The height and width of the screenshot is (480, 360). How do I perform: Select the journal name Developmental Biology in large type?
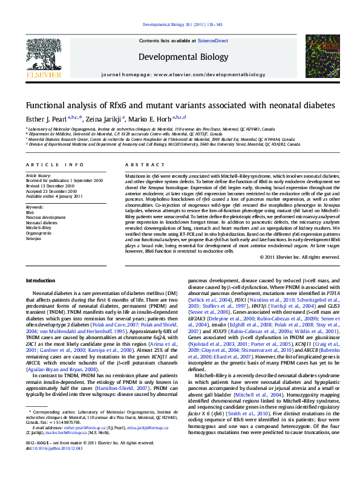point(179,57)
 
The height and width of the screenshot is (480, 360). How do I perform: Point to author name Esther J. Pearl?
point(45,118)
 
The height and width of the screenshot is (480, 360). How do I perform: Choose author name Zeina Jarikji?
point(104,118)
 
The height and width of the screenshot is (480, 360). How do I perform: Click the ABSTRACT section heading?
point(140,164)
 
